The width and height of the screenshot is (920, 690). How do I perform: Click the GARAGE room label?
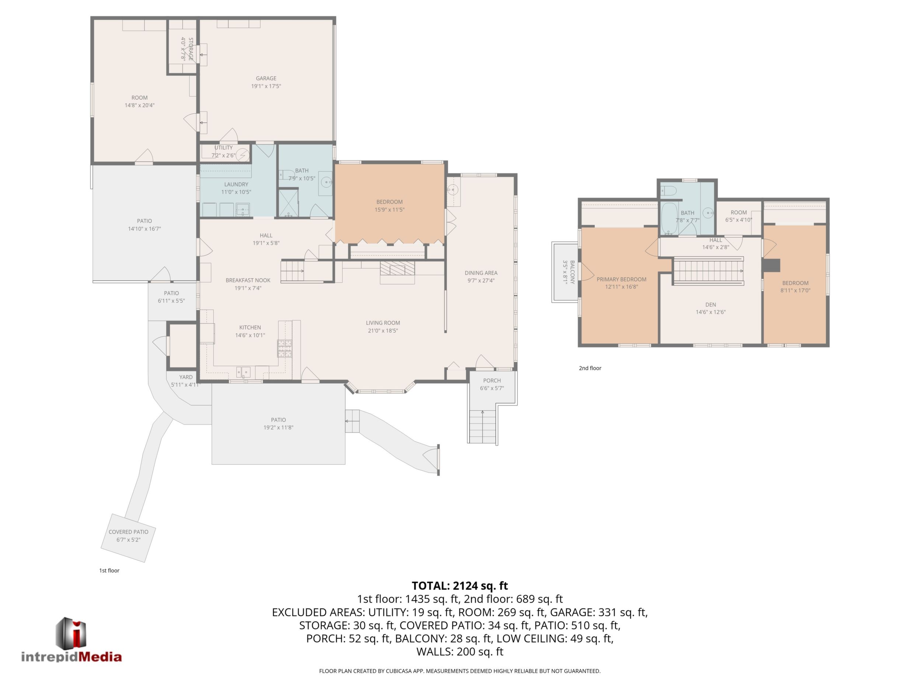[x=266, y=78]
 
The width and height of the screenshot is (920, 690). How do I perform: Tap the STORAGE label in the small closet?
[x=191, y=49]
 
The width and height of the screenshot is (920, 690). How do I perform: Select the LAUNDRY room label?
[x=236, y=184]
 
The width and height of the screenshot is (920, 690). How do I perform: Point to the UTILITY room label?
[x=224, y=148]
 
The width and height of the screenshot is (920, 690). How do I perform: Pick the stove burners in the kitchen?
[x=285, y=349]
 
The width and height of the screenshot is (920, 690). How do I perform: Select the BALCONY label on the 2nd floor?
[x=572, y=272]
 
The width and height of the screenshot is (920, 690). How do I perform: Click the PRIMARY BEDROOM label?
[x=621, y=279]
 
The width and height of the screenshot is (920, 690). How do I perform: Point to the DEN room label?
[x=711, y=304]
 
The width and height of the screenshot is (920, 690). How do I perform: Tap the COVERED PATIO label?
[x=129, y=532]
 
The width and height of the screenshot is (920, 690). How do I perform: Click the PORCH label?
[x=492, y=380]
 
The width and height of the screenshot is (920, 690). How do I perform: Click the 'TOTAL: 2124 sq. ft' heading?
[x=460, y=586]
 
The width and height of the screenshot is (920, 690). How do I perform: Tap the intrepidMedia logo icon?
[x=71, y=633]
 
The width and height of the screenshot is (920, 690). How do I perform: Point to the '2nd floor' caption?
[x=590, y=368]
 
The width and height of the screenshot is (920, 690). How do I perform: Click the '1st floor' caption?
[x=109, y=571]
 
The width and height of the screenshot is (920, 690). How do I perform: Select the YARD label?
[x=186, y=377]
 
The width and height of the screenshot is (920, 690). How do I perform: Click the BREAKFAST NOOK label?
[x=248, y=280]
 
